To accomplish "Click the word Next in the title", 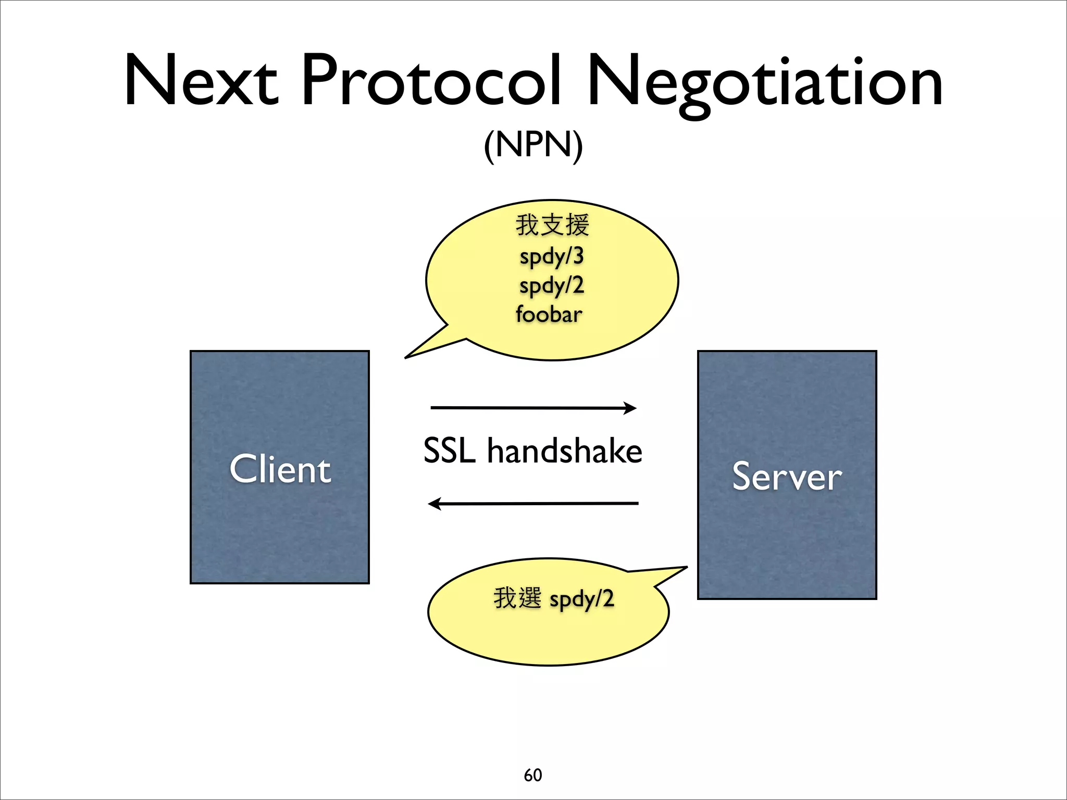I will pyautogui.click(x=201, y=81).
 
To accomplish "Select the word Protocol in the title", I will pyautogui.click(x=432, y=81).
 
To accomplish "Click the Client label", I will pyautogui.click(x=280, y=469).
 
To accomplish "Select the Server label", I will pyautogui.click(x=787, y=476).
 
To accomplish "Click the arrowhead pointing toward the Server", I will pyautogui.click(x=630, y=408).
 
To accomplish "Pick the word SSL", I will pyautogui.click(x=449, y=451).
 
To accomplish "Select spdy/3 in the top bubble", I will pyautogui.click(x=552, y=257).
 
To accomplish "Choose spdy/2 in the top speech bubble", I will pyautogui.click(x=552, y=286).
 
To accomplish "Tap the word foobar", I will pyautogui.click(x=549, y=315).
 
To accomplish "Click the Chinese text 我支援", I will pyautogui.click(x=552, y=225).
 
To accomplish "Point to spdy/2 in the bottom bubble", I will pyautogui.click(x=582, y=599).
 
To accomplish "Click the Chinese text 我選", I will pyautogui.click(x=517, y=598).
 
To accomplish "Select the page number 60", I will pyautogui.click(x=533, y=775).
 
